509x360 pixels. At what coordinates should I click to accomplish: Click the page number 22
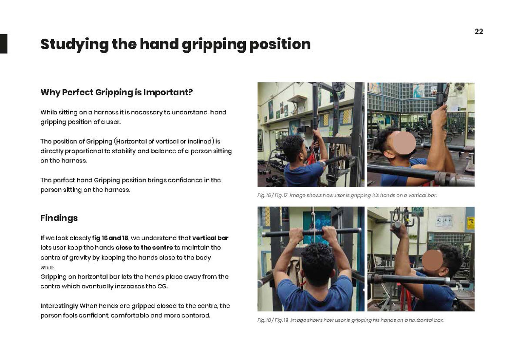pos(479,31)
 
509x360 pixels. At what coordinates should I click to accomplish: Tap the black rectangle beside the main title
pos(4,44)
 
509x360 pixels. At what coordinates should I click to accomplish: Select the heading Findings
pos(59,218)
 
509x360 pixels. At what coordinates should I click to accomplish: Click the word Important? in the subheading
pos(168,93)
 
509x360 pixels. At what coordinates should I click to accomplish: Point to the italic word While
pos(47,267)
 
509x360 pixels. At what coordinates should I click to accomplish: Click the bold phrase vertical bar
pos(210,238)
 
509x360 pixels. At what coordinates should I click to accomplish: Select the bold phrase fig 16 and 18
pos(110,238)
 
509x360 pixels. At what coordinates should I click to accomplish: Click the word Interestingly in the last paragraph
pos(59,306)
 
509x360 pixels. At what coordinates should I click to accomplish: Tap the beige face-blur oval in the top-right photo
pos(404,143)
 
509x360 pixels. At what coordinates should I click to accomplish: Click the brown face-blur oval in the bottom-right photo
pos(432,260)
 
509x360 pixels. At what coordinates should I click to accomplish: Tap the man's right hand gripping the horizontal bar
pos(329,234)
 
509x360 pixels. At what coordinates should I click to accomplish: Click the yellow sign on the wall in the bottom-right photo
pos(470,223)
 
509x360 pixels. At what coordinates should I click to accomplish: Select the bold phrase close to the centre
pos(144,247)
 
